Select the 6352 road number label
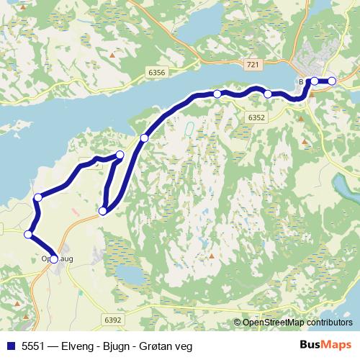click(x=254, y=117)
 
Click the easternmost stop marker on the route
click(x=332, y=81)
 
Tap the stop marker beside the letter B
click(x=315, y=81)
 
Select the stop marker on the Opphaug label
click(x=54, y=259)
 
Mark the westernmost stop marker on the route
click(x=28, y=234)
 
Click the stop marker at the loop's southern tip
click(x=103, y=210)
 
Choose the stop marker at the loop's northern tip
click(x=120, y=155)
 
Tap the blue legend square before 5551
click(x=9, y=346)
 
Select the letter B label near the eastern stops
click(x=301, y=81)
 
